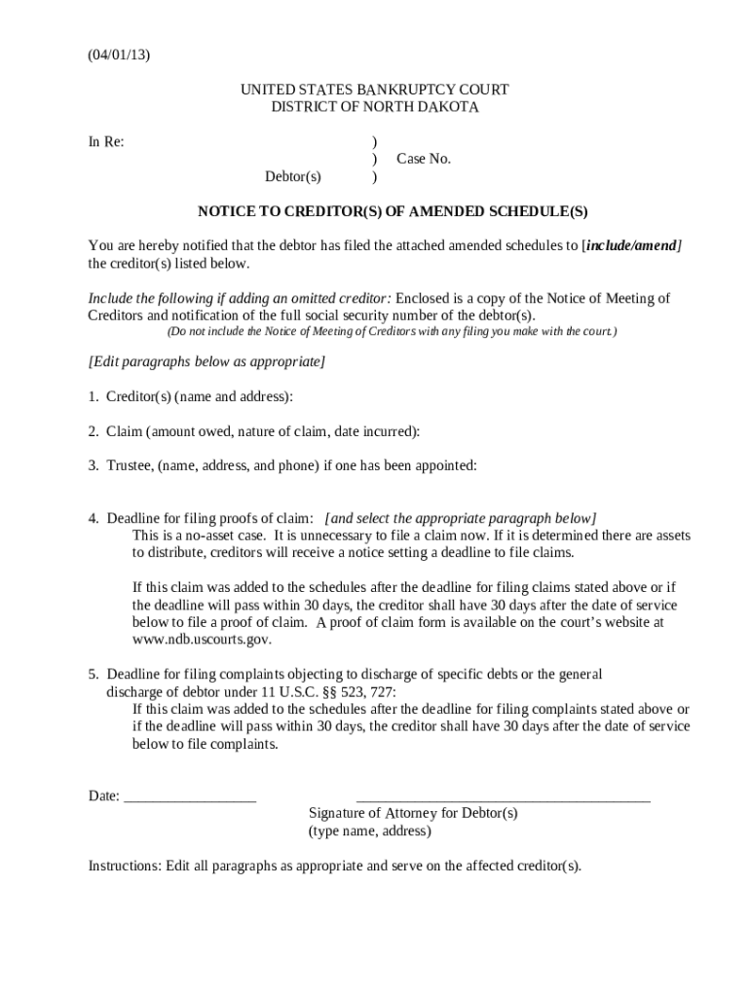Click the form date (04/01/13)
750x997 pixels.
tap(119, 55)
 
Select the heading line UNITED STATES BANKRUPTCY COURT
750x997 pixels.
tap(374, 90)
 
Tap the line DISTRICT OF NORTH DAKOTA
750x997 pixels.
tap(374, 107)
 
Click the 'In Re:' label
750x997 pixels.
tap(106, 142)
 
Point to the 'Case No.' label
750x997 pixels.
tap(424, 159)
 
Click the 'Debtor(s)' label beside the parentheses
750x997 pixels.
tap(293, 177)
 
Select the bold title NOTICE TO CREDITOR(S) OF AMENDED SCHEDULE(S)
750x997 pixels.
tap(393, 211)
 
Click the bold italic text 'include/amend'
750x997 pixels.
tap(631, 245)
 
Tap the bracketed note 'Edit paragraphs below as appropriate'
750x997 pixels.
tap(206, 361)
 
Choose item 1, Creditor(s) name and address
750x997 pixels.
tap(191, 396)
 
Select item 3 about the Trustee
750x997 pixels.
tap(282, 465)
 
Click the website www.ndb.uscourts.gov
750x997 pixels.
tap(202, 640)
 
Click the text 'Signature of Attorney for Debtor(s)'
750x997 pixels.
tap(413, 813)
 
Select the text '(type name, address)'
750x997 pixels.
tap(369, 831)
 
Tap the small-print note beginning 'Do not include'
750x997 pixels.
tap(391, 332)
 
